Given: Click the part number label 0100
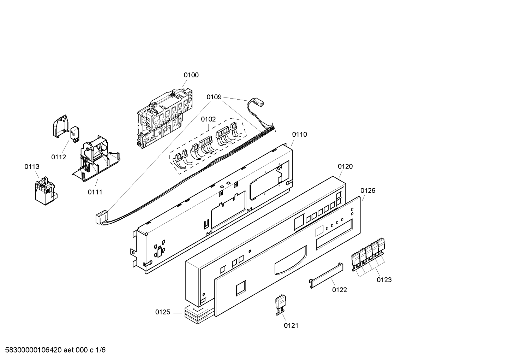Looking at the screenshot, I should click(x=191, y=75).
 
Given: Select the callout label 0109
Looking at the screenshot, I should click(x=214, y=97).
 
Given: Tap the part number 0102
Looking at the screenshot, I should click(x=208, y=119).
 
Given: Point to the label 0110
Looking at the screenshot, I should click(x=299, y=135).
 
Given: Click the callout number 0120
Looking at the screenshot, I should click(x=345, y=166).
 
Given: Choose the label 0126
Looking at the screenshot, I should click(x=368, y=191).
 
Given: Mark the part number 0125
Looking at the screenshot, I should click(x=163, y=312).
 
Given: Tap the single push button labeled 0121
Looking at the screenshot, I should click(x=281, y=303).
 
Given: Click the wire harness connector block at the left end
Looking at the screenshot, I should click(x=101, y=217).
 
